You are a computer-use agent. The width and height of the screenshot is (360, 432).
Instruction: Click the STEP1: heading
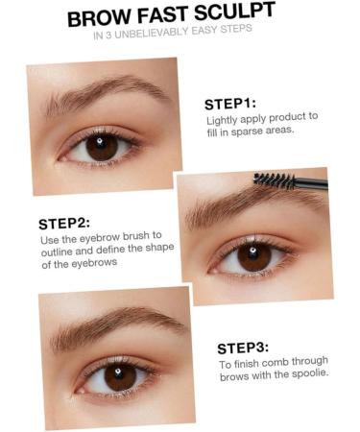[230, 104]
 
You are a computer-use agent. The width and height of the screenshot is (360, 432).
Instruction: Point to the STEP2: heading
[64, 223]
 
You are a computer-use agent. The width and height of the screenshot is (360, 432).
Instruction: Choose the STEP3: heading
[243, 348]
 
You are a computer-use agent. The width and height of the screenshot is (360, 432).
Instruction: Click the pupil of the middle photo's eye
[254, 254]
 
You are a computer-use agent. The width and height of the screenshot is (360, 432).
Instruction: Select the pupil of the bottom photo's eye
[120, 375]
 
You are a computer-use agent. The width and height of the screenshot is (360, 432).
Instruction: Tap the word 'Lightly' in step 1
[224, 120]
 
